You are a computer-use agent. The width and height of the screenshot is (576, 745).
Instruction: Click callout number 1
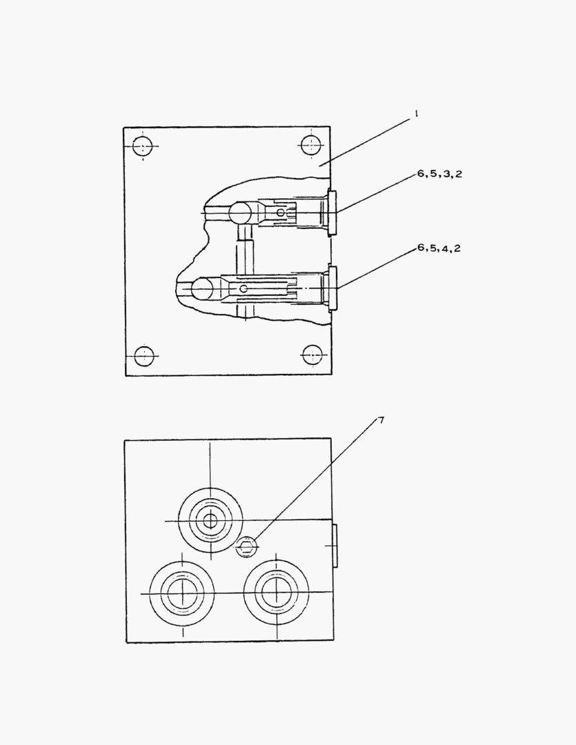416,113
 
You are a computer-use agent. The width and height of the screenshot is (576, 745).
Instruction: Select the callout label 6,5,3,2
439,174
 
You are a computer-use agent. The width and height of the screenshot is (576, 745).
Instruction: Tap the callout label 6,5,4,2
439,248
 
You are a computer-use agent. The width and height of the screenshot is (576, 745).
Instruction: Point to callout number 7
381,420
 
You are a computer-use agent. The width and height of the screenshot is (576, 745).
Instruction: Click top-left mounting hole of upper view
143,146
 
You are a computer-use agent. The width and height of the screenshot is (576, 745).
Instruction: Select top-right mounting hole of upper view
311,145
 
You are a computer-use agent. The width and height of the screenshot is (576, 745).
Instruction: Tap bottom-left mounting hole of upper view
144,356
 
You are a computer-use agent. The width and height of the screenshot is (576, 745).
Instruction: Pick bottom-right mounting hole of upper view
312,355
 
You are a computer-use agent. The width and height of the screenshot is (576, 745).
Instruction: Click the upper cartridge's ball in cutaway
241,212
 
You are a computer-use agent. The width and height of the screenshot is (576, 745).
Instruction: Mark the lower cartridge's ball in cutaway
203,289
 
